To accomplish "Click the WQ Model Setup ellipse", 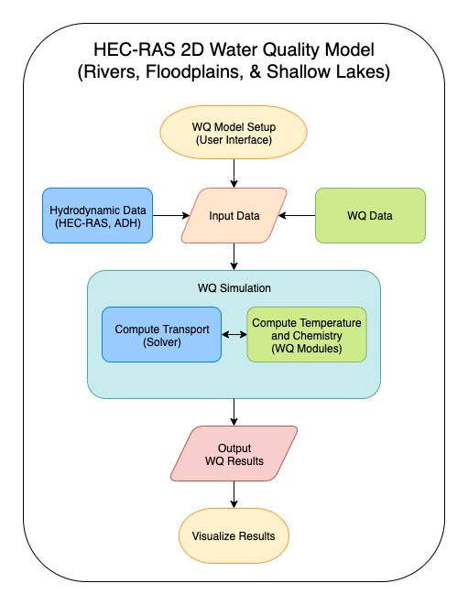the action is pos(234,133).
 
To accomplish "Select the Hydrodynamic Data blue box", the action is pos(97,216).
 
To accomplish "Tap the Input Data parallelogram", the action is pos(234,216).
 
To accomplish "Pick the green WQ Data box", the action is pos(370,216).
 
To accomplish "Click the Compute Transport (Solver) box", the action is pos(162,334).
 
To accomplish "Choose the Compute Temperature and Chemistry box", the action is pos(307,334).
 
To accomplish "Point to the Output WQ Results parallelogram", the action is pos(234,454).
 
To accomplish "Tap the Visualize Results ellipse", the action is pos(234,536).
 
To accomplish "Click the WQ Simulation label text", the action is pos(234,288).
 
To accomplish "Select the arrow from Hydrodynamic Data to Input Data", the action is pos(171,216).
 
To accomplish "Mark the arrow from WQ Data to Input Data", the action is pos(297,216).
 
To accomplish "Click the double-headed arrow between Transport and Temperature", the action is pos(234,334).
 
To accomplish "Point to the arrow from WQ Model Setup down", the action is pos(234,173).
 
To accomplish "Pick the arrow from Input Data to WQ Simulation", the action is pos(234,256).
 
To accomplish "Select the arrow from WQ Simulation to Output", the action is pos(234,412).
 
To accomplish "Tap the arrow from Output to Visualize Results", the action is pos(234,494).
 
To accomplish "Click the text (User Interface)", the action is pos(234,140).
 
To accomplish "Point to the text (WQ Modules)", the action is pos(307,349).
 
